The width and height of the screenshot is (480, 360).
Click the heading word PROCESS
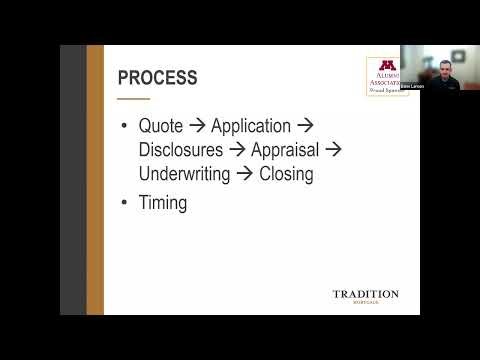tap(157, 77)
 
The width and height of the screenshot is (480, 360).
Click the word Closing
tap(286, 173)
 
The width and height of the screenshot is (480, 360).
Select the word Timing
tap(167, 203)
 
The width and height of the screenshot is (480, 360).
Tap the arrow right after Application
tap(306, 127)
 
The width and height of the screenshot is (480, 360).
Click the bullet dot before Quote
tap(124, 128)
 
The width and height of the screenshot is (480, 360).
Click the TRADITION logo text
tap(365, 294)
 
